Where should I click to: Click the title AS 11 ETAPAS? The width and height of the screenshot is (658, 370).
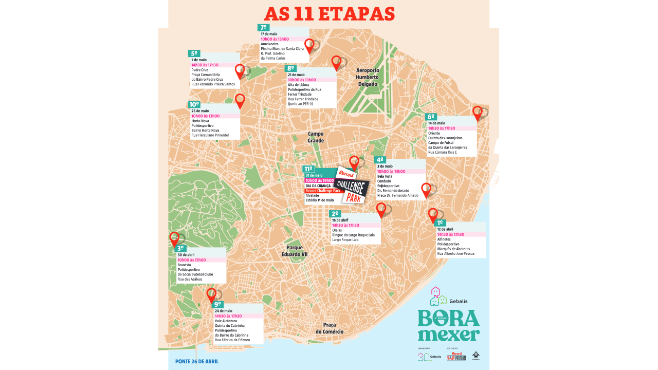tap(329, 14)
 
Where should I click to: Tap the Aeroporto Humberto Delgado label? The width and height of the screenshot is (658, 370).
tap(368, 77)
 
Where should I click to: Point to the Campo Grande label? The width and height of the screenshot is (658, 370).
tap(316, 137)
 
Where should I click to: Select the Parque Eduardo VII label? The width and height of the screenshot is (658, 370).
tap(294, 251)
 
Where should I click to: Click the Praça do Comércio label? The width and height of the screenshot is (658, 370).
tap(330, 328)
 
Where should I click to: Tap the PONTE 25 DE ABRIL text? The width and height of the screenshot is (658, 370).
tap(196, 361)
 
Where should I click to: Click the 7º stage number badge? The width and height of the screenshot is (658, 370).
tap(263, 28)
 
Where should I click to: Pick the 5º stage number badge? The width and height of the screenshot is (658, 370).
tap(194, 53)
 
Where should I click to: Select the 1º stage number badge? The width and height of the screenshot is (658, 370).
tap(440, 223)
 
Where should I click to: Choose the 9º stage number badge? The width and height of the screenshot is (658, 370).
tap(217, 304)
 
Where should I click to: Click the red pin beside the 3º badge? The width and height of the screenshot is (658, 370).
tap(174, 239)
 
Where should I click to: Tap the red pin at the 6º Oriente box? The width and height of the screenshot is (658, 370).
tap(477, 113)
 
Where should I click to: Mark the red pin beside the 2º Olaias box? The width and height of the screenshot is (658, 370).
tap(381, 210)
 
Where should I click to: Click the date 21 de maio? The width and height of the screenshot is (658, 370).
tap(296, 75)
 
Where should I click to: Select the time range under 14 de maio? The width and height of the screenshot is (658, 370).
tap(442, 128)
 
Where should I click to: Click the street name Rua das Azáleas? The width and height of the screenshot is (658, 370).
tap(190, 279)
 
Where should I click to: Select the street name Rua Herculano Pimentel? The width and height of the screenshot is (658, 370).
tap(210, 135)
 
